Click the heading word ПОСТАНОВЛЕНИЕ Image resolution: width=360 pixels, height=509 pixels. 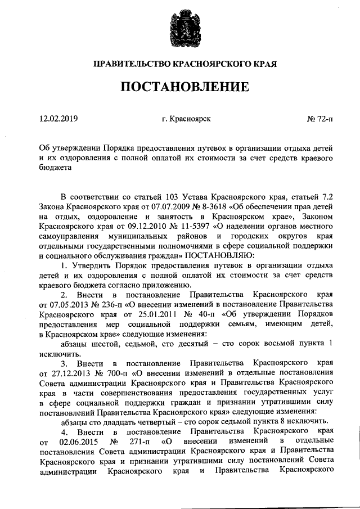[x=179, y=88]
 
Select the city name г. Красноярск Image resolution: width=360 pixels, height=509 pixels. [x=185, y=119]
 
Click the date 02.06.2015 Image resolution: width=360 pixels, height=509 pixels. [x=79, y=442]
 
